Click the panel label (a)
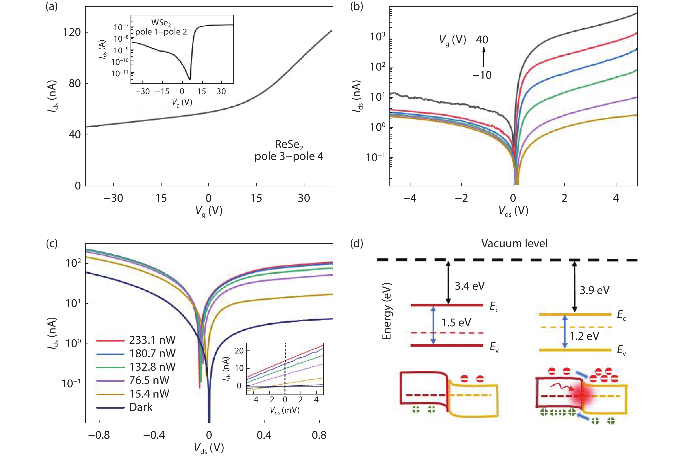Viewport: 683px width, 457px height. pos(52,7)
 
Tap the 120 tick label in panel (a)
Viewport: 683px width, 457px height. pos(72,32)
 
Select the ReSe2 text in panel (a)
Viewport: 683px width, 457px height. pos(289,145)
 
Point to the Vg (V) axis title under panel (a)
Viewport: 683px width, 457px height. pos(209,211)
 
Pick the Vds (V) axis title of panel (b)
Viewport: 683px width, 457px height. pos(513,211)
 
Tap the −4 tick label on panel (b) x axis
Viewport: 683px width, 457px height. pos(410,198)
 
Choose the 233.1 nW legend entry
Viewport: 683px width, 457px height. pos(152,340)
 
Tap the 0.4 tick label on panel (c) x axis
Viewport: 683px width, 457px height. pos(264,436)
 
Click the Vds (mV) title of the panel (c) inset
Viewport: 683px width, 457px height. pos(284,411)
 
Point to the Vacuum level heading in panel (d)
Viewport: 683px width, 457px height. pos(514,243)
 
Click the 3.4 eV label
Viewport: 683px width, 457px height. pos(470,286)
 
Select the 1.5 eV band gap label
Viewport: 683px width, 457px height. pos(456,323)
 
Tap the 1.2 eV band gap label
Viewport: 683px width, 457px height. pos(584,336)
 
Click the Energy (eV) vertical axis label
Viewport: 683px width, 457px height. pos(386,311)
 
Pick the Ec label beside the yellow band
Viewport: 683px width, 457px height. pos(621,315)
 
